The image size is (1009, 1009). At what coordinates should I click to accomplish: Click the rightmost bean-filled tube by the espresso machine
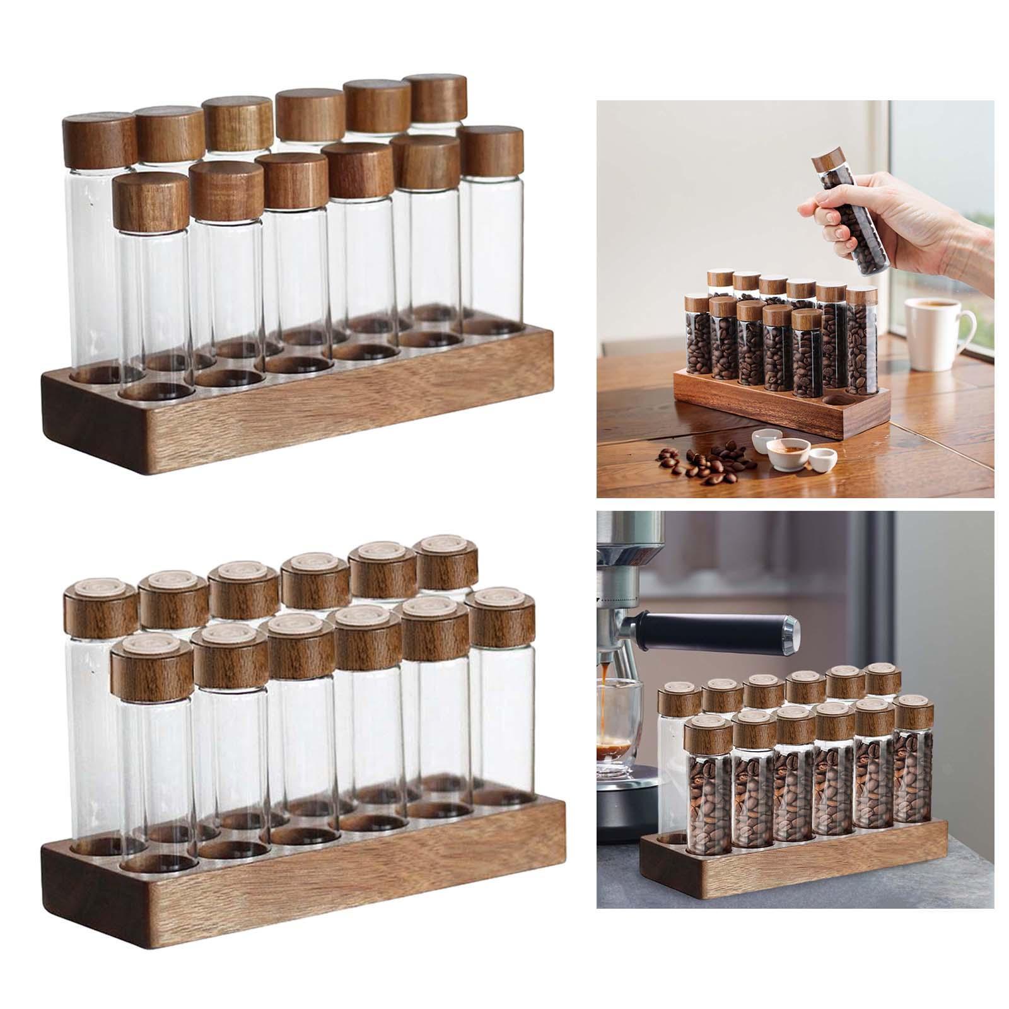click(914, 782)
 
